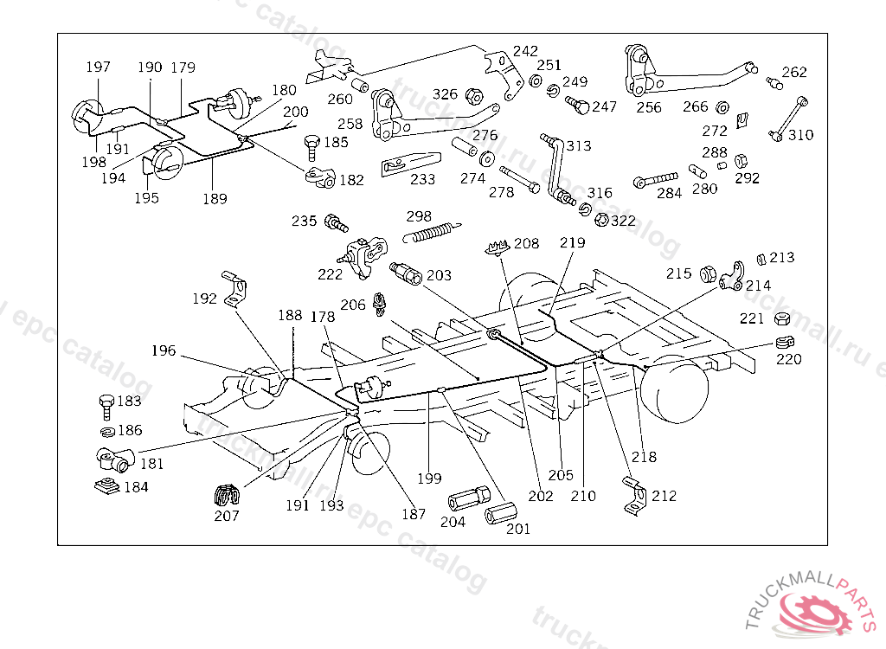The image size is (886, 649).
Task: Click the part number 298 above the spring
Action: coord(420,215)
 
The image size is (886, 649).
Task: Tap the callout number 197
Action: coord(98,67)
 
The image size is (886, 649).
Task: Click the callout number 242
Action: coord(525,51)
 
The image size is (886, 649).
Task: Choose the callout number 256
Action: coord(648,108)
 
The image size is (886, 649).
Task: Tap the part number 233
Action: coord(423,180)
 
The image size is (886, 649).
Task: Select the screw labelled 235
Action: coord(335,223)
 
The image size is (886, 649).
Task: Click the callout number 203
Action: coord(439,276)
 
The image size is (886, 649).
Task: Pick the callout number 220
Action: coord(788,360)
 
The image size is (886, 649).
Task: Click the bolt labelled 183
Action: coord(105,404)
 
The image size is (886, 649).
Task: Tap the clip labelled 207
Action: coord(227,498)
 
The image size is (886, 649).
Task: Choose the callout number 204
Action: coord(453,522)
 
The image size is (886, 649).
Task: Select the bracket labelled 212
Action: coord(636,497)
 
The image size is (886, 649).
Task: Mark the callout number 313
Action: coord(579,146)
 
